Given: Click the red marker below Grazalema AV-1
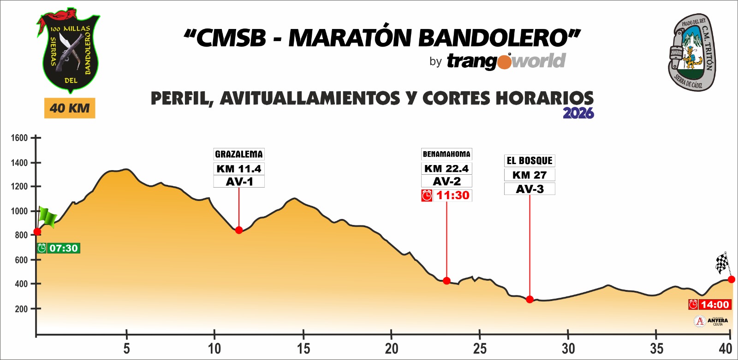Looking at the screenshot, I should tap(239, 230).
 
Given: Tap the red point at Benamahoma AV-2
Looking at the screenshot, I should tap(446, 281).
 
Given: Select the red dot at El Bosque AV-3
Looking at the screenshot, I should tap(530, 299).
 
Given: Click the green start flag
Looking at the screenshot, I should tap(47, 217).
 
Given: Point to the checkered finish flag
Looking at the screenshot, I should tap(722, 264).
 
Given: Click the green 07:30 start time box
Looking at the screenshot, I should tap(59, 248).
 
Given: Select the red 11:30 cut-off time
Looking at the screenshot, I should tap(446, 195).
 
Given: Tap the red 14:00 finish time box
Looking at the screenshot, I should tap(710, 305).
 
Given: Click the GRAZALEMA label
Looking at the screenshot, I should tap(239, 154).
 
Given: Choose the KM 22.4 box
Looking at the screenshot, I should tap(446, 169).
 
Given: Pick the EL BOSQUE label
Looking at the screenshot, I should tap(530, 161).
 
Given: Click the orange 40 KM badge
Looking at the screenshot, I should tap(70, 108).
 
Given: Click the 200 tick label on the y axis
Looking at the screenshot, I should tap(21, 309).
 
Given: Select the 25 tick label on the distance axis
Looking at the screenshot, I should tap(480, 348).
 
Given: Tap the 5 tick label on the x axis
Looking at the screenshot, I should tap(126, 348).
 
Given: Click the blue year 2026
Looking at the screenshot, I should tap(578, 113).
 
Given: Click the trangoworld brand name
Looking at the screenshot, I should tap(506, 61).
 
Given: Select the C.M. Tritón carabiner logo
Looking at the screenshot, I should tap(692, 52).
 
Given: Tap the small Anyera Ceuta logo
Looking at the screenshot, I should tap(711, 321).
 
